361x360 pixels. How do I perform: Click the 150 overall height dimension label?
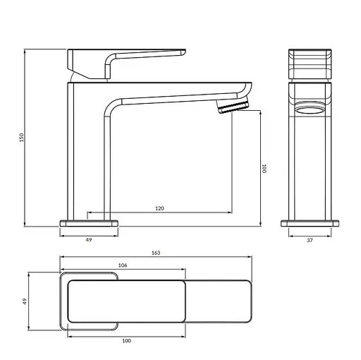tap(21, 138)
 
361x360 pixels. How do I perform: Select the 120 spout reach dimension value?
tap(159, 208)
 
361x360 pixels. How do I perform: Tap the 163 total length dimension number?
tap(156, 253)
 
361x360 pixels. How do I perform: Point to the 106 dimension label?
tap(123, 265)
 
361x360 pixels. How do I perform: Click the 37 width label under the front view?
tap(310, 240)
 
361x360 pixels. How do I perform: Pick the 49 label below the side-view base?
tap(89, 240)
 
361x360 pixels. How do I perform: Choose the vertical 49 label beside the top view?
tap(25, 301)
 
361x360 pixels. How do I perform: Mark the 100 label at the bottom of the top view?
tap(126, 340)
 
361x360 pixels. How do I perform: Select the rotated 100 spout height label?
tap(264, 169)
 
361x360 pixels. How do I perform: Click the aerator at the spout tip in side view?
tap(233, 106)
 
